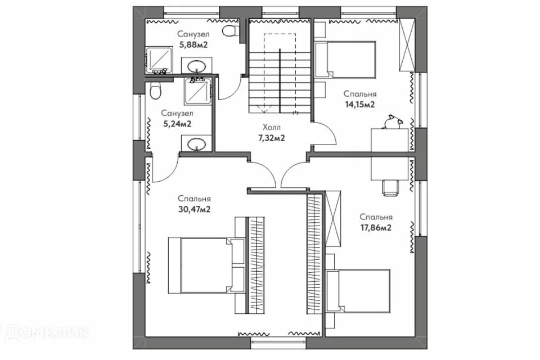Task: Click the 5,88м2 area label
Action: click(x=193, y=44)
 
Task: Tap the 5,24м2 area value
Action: click(x=177, y=124)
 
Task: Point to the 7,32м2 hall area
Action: click(x=271, y=138)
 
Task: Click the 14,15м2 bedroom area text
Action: click(x=360, y=105)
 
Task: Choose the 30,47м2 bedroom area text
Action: click(x=195, y=209)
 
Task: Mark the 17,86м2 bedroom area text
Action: click(x=376, y=228)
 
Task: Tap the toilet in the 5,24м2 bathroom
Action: click(x=155, y=91)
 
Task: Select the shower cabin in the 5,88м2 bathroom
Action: click(x=159, y=60)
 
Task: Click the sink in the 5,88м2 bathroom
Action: click(x=197, y=66)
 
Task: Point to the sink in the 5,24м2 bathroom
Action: click(x=196, y=143)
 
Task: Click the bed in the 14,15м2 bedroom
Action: click(x=345, y=59)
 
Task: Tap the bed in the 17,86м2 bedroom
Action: click(x=358, y=291)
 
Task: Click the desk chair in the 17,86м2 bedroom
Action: click(x=390, y=187)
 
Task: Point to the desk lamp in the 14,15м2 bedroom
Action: click(x=393, y=121)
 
